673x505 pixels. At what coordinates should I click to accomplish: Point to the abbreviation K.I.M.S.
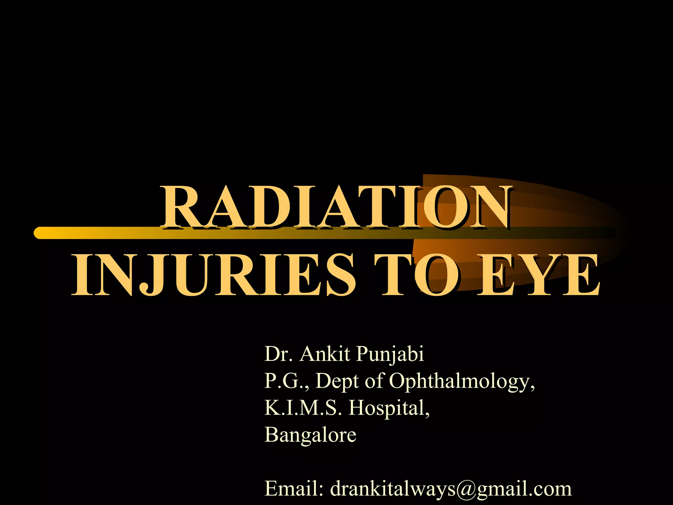coord(303,408)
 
